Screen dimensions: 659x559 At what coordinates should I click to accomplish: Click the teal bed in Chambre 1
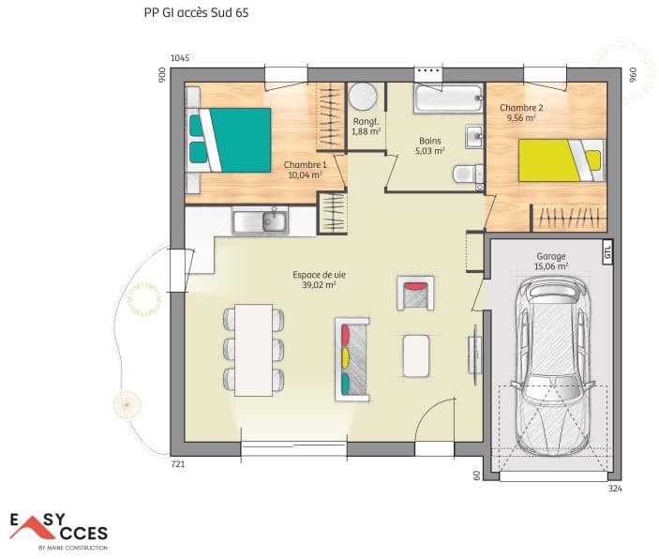click(x=229, y=140)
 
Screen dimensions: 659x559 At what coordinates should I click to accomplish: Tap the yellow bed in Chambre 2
click(x=562, y=160)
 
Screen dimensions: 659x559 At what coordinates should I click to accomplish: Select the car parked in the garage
click(x=552, y=366)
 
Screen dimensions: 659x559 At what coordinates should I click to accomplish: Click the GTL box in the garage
click(x=607, y=252)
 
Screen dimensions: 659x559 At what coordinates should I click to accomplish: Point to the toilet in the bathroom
click(x=468, y=174)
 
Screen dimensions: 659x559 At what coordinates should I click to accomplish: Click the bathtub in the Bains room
click(x=448, y=98)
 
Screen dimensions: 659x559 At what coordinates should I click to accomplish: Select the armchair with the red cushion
click(x=415, y=294)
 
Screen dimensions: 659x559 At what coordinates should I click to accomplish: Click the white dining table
click(x=253, y=350)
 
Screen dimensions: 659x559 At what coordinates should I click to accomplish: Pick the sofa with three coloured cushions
click(x=352, y=359)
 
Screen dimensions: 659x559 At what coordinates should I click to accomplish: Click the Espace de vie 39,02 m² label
click(x=319, y=280)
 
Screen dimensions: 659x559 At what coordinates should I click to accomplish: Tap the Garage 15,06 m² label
click(x=551, y=261)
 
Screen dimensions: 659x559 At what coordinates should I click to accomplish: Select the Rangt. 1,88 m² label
click(x=367, y=127)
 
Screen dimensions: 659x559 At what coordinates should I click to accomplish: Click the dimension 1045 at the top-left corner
click(x=180, y=58)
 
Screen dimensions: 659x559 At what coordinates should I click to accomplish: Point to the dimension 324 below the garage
click(x=615, y=489)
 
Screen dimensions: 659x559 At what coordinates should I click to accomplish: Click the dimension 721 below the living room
click(x=178, y=464)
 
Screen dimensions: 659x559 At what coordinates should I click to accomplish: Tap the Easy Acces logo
click(x=59, y=531)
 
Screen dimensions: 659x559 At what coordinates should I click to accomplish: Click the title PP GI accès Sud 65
click(x=196, y=12)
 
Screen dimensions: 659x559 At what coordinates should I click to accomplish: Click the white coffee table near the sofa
click(x=416, y=355)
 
